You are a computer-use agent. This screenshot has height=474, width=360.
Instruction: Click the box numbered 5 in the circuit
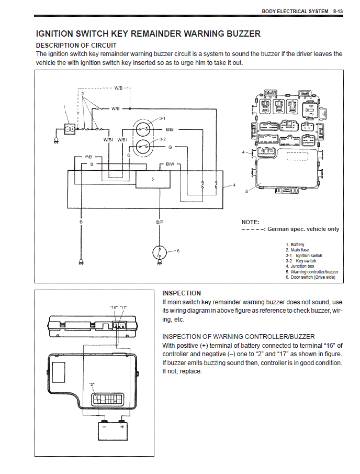(x=152, y=179)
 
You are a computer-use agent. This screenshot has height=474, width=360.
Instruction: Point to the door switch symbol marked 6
(x=159, y=252)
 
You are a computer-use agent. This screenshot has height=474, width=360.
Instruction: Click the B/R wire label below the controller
(x=160, y=222)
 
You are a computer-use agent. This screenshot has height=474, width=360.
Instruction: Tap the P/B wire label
(x=88, y=157)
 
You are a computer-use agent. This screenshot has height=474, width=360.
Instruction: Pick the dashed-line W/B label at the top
(x=119, y=88)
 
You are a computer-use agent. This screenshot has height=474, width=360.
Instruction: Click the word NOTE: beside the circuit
(x=250, y=222)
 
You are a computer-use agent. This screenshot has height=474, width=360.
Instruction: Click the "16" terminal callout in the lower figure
(x=114, y=307)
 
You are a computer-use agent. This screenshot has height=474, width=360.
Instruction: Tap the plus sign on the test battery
(x=122, y=427)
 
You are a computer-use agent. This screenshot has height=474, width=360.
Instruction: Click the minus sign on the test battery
(x=104, y=427)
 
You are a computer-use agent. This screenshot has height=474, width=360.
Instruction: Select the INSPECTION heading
(x=182, y=293)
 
